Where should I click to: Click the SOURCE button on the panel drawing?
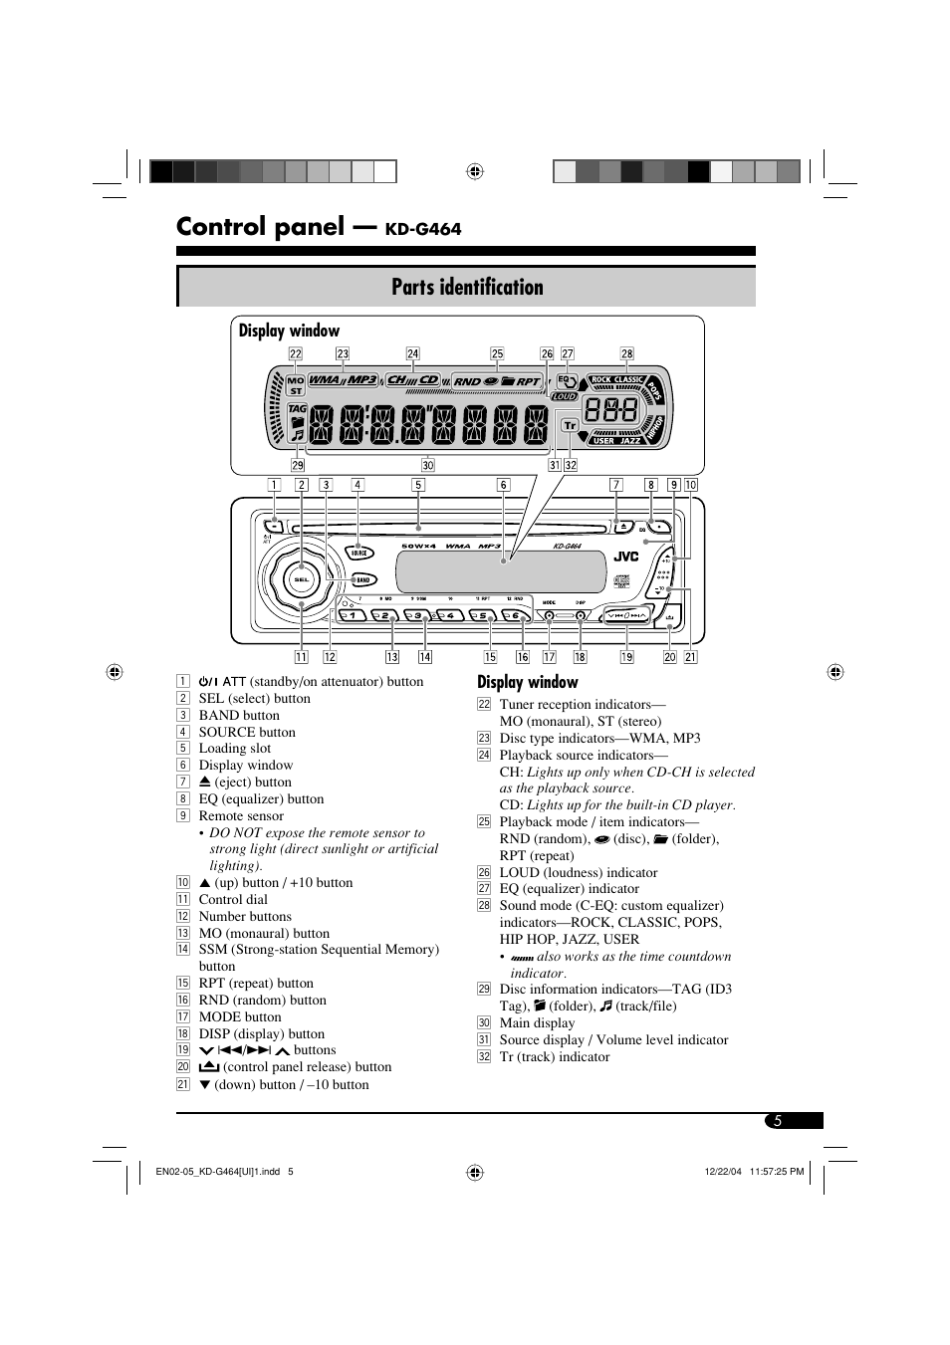358,553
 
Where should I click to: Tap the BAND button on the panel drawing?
362,579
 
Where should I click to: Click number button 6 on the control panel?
512,616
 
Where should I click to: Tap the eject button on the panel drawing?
618,527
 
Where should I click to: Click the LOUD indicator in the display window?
565,396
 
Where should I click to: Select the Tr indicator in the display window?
570,425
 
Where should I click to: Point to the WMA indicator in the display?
325,380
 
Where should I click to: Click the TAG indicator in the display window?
297,408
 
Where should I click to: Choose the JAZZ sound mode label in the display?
630,440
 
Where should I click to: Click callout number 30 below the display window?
428,465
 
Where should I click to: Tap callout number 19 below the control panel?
626,657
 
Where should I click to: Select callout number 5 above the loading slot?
418,486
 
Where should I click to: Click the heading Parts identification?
467,288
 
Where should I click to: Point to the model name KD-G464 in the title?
423,229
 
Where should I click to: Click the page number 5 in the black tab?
778,1121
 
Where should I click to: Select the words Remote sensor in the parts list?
241,815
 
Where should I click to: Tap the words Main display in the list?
537,1022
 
